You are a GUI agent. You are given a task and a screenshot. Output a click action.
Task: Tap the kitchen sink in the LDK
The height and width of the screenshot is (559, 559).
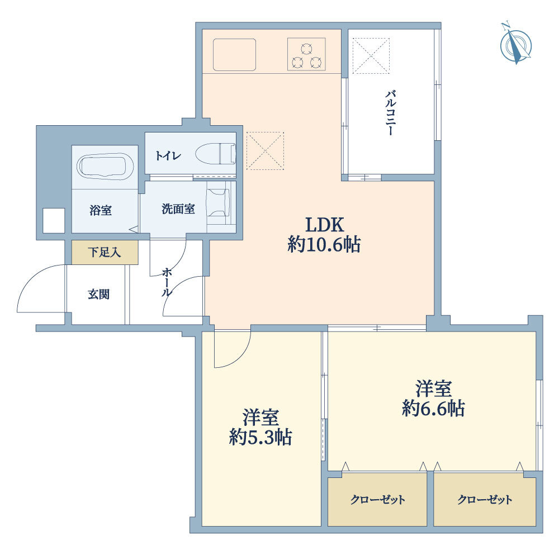(235, 55)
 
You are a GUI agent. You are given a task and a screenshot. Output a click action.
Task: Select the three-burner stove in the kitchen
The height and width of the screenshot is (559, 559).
(306, 54)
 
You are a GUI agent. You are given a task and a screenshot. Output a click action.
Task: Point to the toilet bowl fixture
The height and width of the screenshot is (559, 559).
(216, 154)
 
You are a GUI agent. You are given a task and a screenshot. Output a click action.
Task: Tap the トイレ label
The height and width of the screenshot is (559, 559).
(168, 156)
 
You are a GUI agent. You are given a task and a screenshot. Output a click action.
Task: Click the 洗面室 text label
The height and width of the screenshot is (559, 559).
(178, 209)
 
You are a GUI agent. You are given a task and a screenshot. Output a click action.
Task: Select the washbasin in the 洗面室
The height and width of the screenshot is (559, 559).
(218, 202)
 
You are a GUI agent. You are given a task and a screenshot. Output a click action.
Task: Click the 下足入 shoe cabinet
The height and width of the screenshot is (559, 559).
(105, 253)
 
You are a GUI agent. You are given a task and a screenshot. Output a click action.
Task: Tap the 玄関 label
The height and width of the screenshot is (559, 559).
(98, 295)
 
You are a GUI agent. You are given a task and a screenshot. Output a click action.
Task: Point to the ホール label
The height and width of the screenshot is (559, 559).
(166, 283)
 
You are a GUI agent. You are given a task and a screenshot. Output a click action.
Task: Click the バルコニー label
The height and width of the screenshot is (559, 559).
(390, 113)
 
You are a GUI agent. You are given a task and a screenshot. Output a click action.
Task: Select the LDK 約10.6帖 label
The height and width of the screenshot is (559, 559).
(324, 235)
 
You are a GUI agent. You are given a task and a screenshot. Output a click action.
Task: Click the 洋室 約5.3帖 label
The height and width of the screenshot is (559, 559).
(260, 428)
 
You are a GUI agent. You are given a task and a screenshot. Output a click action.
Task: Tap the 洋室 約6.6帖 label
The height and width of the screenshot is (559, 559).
(434, 399)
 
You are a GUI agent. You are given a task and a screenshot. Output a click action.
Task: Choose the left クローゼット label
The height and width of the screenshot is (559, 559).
(378, 499)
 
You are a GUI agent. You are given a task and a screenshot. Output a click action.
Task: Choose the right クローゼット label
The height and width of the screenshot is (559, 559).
(485, 499)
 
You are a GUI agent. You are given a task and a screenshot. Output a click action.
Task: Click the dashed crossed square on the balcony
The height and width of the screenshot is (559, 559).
(371, 56)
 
